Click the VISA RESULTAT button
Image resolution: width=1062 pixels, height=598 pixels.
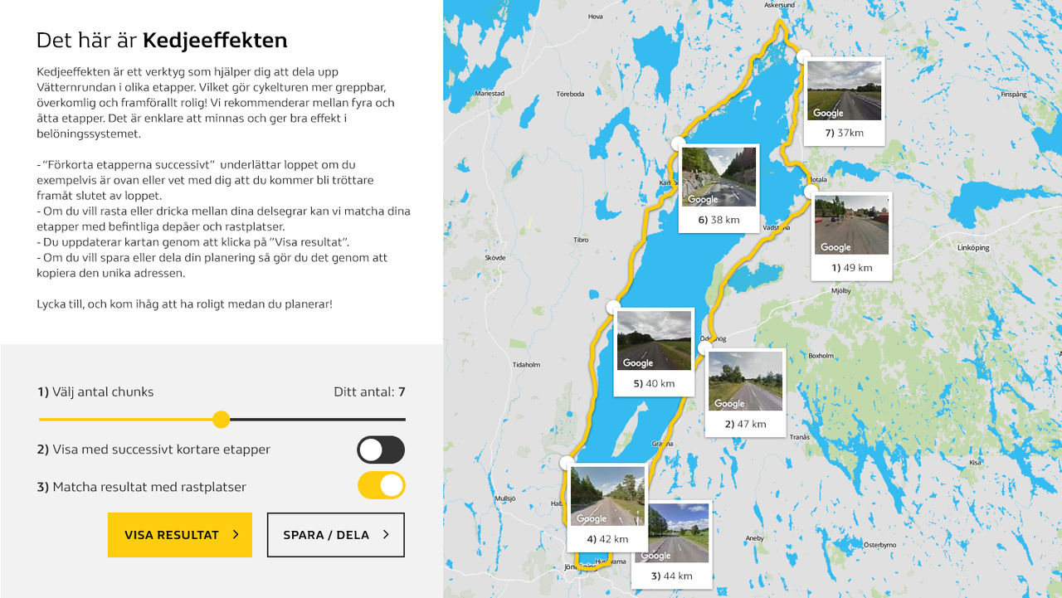[179, 535]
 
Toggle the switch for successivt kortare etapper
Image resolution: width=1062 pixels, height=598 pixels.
[381, 450]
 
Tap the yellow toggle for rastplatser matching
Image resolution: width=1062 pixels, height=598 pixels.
[381, 485]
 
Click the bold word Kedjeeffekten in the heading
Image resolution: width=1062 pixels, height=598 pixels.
[215, 40]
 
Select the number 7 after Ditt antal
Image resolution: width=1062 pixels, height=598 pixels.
[402, 391]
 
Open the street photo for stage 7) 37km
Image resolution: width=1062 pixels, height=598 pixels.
[844, 90]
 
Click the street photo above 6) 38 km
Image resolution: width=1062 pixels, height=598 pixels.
[719, 177]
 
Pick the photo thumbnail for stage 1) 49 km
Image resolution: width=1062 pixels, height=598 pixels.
[851, 225]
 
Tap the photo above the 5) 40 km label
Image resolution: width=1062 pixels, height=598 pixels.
[654, 340]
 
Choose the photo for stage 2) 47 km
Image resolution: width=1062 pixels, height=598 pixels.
[745, 381]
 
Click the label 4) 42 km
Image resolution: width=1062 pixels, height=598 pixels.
[607, 539]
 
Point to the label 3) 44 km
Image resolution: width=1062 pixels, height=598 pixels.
[671, 576]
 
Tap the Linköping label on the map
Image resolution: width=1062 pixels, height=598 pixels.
[973, 247]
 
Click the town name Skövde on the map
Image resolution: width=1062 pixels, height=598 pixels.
[494, 258]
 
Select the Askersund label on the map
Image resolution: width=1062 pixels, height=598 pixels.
[779, 5]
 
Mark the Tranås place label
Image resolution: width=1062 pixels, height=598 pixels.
[799, 437]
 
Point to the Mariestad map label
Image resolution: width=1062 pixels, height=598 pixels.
[490, 94]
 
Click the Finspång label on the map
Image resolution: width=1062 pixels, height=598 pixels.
[1014, 95]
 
